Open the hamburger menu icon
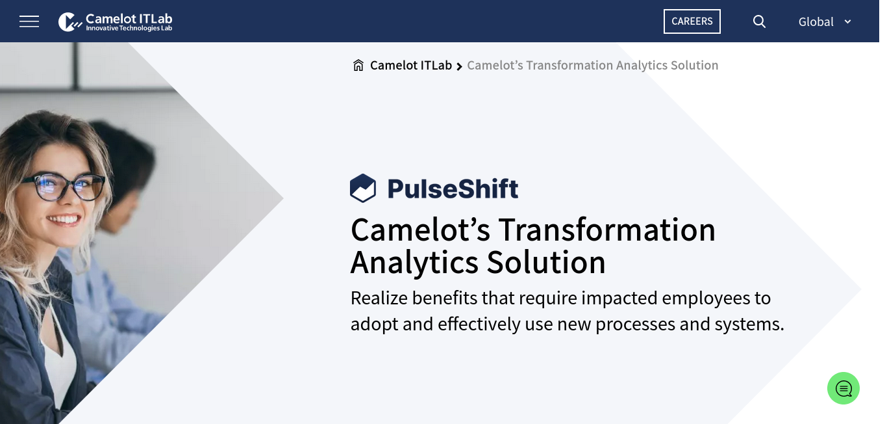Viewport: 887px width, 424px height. pyautogui.click(x=29, y=21)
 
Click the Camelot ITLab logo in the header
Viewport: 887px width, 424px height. pyautogui.click(x=115, y=22)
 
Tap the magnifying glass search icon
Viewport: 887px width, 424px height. pyautogui.click(x=759, y=21)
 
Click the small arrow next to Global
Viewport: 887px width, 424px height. pyautogui.click(x=847, y=22)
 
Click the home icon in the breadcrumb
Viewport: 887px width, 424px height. pyautogui.click(x=358, y=65)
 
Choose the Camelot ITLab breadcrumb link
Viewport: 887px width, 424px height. pyautogui.click(x=410, y=65)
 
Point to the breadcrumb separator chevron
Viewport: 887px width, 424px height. pyautogui.click(x=459, y=66)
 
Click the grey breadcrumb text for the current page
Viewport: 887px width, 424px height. pyautogui.click(x=592, y=65)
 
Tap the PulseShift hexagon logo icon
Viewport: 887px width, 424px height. pyautogui.click(x=363, y=188)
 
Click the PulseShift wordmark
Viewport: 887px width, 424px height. pyautogui.click(x=453, y=189)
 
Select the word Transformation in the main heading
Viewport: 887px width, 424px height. pyautogui.click(x=606, y=230)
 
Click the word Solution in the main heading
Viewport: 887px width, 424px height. pyautogui.click(x=546, y=263)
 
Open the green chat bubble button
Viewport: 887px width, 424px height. pyautogui.click(x=843, y=388)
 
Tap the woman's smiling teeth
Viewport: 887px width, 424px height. pyautogui.click(x=64, y=220)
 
